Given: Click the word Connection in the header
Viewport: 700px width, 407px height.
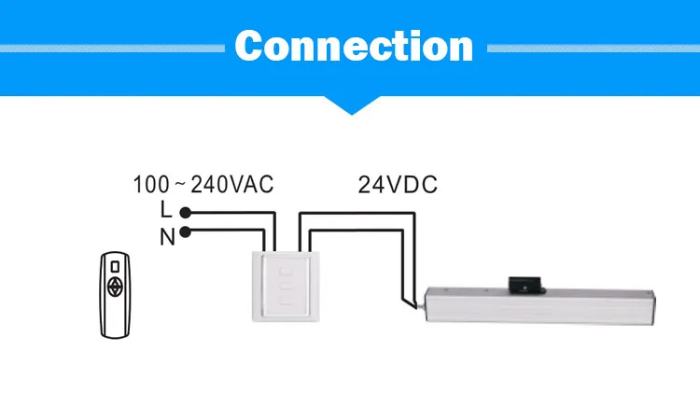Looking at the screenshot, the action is click(x=354, y=46).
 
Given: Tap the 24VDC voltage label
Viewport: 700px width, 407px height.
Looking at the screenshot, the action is click(x=398, y=185).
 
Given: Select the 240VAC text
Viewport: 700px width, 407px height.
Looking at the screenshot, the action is click(x=232, y=185).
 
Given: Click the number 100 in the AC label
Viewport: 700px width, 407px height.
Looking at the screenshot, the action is click(x=151, y=185).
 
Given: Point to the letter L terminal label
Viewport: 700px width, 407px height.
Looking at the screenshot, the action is click(x=166, y=209).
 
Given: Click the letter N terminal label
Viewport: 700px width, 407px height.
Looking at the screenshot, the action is click(x=167, y=237).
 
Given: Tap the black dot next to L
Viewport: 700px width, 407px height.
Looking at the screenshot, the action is click(x=186, y=213).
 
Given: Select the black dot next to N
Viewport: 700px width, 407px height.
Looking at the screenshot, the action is click(x=186, y=232).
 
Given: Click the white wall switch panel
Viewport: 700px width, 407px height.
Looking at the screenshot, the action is click(x=286, y=287).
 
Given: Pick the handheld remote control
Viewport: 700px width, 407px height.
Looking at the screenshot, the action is click(x=115, y=295).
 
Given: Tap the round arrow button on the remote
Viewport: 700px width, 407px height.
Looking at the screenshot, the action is click(x=115, y=288).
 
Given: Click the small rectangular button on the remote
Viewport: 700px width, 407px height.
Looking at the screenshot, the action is click(x=115, y=266).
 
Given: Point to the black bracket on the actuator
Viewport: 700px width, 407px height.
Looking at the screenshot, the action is click(x=526, y=285).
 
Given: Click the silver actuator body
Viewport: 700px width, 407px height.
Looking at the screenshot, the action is click(x=539, y=305).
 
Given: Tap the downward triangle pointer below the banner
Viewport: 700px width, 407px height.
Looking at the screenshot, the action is click(x=352, y=105).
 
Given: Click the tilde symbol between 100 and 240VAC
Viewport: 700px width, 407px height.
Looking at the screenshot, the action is click(x=180, y=184).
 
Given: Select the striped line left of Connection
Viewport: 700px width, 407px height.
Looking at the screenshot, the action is click(x=112, y=49).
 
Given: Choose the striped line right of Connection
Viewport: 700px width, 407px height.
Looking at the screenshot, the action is click(x=594, y=49).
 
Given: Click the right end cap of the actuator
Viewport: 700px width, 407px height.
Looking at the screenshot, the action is click(x=651, y=307).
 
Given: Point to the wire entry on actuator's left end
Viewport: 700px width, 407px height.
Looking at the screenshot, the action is click(x=421, y=305).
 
